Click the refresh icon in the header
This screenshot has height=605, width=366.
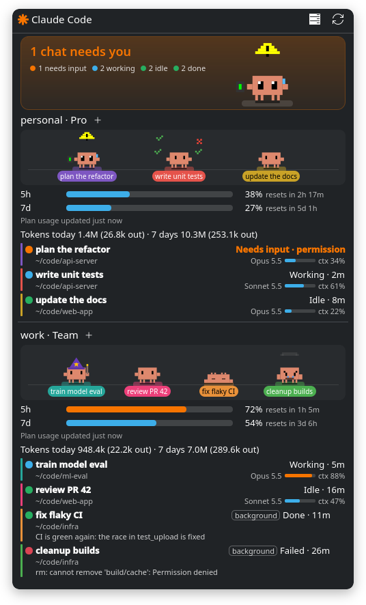338,19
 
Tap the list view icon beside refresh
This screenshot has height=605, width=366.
315,19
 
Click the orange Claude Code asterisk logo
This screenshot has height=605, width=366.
23,20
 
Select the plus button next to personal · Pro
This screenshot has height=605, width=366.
98,120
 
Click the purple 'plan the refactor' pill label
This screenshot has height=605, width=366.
87,176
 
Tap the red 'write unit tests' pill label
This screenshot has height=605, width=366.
179,176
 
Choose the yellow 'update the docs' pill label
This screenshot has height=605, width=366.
271,176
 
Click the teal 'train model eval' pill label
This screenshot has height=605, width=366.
76,391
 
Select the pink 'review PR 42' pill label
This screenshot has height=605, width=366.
147,391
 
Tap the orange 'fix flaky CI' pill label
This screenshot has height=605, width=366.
219,391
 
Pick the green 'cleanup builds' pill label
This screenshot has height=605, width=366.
290,391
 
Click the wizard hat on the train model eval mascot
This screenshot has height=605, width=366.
76,363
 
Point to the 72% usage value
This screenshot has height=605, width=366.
253,410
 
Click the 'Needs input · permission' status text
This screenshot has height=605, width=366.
290,249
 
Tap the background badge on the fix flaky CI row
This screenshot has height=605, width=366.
255,516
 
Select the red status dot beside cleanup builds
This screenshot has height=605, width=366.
29,550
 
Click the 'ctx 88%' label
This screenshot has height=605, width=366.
332,476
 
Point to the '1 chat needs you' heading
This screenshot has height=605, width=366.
81,52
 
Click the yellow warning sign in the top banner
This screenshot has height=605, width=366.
267,49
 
